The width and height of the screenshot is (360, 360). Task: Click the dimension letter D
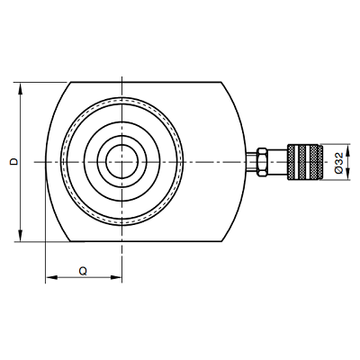(x=13, y=162)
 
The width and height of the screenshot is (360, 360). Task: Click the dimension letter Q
(x=83, y=271)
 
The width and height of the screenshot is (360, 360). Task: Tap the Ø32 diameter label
(x=338, y=163)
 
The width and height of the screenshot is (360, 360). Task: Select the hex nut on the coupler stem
(x=262, y=162)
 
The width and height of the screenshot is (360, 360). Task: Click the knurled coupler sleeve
(x=303, y=162)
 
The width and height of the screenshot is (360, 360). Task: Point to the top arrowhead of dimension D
(x=21, y=89)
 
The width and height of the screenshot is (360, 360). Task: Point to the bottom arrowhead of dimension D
(x=21, y=235)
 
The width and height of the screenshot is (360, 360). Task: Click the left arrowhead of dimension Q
(x=51, y=277)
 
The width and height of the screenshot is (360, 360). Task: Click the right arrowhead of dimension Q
(x=116, y=277)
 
